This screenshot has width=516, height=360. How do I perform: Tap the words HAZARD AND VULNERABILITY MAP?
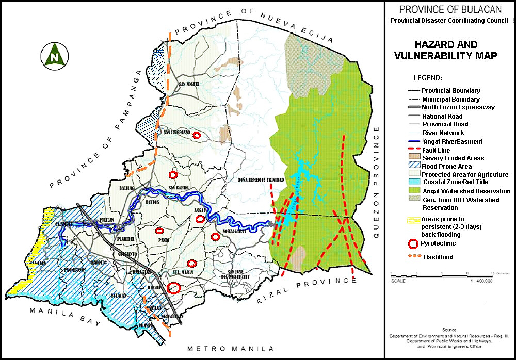tap(446, 51)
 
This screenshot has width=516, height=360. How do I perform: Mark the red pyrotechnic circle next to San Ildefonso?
tap(196, 135)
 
